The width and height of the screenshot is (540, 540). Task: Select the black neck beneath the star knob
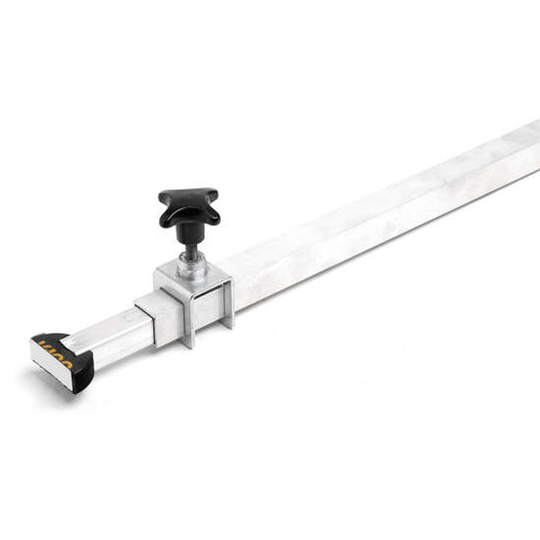tap(188, 232)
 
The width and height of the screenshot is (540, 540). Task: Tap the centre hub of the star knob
tap(189, 205)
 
